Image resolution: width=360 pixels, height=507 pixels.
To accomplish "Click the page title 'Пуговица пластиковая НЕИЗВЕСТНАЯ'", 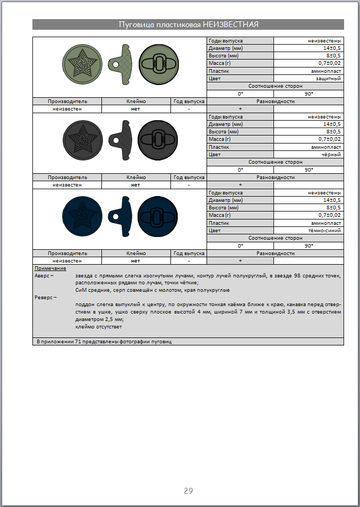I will (x=188, y=24).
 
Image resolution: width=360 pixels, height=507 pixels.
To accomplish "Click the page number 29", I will (x=188, y=490).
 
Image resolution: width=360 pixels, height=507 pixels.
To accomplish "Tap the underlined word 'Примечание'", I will (x=47, y=269).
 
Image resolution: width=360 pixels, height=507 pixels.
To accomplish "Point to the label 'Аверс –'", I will (x=44, y=276).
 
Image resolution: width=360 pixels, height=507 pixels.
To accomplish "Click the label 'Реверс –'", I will (x=46, y=297).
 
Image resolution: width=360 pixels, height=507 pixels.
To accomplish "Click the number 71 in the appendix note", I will (x=79, y=341).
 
